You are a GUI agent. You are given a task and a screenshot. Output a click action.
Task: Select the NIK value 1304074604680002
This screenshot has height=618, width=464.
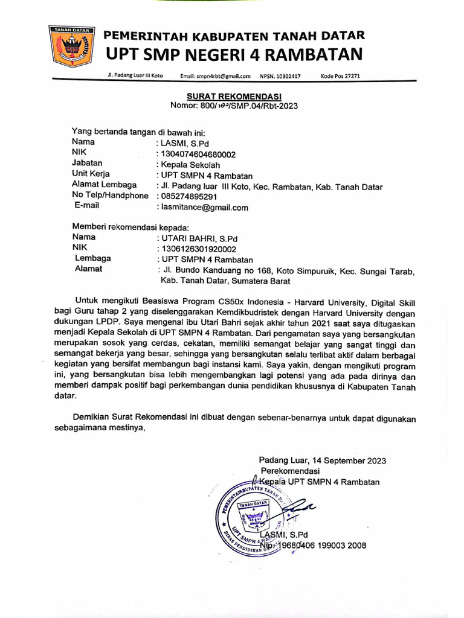pyautogui.click(x=197, y=154)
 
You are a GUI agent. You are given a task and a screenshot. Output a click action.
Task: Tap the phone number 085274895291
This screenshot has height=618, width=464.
pyautogui.click(x=188, y=197)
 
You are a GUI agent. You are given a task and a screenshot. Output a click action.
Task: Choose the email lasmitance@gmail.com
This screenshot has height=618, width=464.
pyautogui.click(x=204, y=208)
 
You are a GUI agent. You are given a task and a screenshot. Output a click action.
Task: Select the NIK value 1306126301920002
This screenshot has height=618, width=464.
pyautogui.click(x=198, y=249)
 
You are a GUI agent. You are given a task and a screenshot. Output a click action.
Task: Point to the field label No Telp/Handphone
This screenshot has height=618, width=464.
pyautogui.click(x=110, y=196)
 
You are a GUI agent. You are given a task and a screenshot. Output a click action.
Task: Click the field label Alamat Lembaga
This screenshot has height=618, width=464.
pyautogui.click(x=105, y=185)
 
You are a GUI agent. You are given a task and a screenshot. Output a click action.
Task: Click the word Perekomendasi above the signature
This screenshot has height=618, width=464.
pyautogui.click(x=290, y=471)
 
